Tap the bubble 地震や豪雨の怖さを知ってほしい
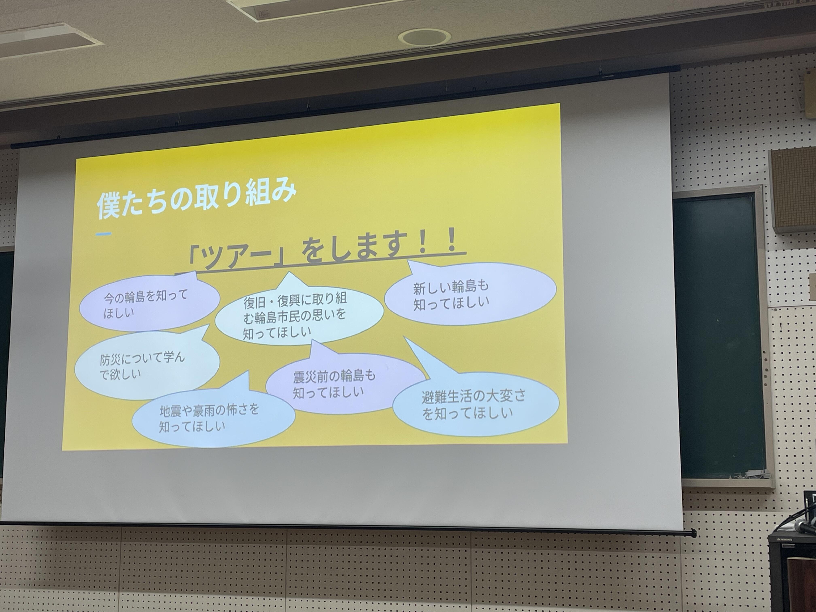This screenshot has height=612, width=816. point(212,419)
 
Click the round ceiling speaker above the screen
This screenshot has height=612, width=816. point(424,37)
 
